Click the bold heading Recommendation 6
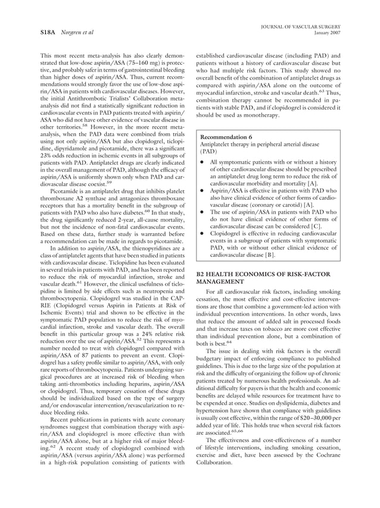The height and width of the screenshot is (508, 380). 226,137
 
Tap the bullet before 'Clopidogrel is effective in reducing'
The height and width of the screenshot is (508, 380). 203,234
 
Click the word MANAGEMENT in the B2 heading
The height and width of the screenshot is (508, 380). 223,281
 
